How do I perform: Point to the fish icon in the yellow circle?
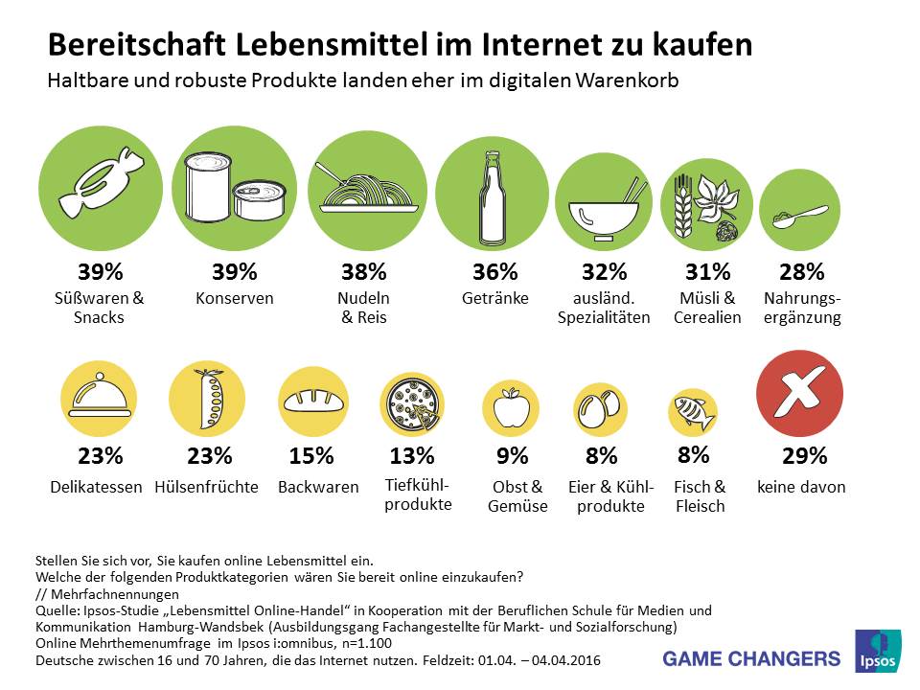[693, 411]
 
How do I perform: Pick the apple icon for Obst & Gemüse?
[517, 409]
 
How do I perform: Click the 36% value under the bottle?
[494, 272]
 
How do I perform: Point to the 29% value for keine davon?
[801, 456]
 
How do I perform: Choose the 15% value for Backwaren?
[311, 456]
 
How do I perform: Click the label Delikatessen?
[97, 487]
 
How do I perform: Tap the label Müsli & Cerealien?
[706, 308]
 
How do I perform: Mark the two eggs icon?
[597, 409]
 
